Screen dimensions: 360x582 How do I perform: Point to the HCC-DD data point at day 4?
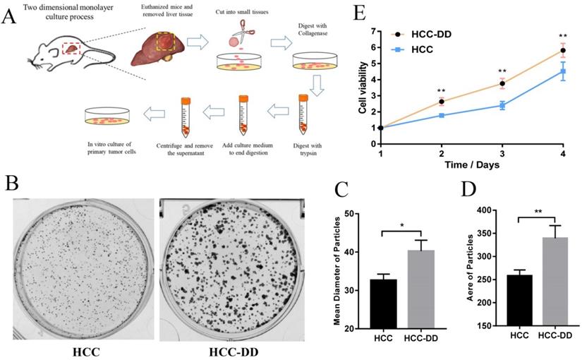coord(563,51)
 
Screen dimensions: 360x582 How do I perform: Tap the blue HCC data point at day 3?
coord(502,106)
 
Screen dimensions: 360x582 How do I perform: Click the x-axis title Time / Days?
coord(471,164)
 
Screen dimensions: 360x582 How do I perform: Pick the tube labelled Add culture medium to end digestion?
coord(243,116)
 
